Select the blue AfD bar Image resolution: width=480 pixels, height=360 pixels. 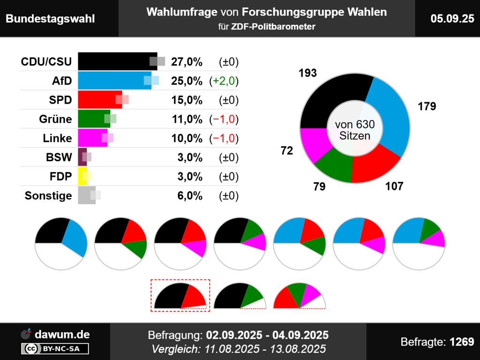[x=112, y=81]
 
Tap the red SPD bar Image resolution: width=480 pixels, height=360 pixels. [x=98, y=100]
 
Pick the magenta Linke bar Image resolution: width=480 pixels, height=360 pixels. [x=91, y=138]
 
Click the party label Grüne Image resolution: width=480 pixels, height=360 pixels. [x=55, y=119]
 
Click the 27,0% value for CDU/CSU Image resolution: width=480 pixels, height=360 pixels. [x=187, y=62]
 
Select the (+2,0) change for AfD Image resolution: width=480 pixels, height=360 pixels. [x=224, y=81]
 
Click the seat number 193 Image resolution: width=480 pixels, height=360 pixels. [x=307, y=73]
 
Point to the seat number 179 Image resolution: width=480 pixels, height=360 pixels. [x=427, y=106]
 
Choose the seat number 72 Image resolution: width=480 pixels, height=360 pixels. [x=287, y=151]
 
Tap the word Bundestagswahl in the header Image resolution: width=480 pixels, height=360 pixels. [x=50, y=19]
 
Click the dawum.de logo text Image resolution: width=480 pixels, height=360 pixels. [x=62, y=334]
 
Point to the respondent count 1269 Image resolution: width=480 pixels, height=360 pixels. [x=462, y=342]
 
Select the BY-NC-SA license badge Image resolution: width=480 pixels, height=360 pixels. [x=55, y=349]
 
